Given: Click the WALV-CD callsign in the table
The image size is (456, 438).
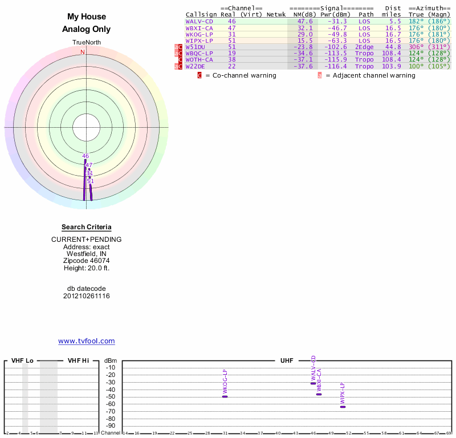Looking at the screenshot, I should (199, 21).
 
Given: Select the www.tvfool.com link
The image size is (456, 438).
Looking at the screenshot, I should (86, 341).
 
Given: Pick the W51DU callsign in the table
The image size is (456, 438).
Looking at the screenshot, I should (195, 47).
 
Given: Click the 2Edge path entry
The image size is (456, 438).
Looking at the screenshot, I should (364, 47).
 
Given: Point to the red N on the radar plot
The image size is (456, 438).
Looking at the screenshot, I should (83, 52).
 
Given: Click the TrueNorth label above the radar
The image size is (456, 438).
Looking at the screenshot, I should (86, 43).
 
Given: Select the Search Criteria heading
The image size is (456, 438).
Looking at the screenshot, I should (86, 227).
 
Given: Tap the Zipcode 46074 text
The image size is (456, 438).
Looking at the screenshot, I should (86, 260).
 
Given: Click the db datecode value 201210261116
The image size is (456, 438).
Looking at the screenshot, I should (86, 296).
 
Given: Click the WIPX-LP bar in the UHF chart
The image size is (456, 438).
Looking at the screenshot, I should (343, 407).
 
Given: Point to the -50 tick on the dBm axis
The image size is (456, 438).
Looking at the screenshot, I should (110, 396).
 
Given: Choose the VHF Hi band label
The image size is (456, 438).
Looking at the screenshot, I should (78, 360).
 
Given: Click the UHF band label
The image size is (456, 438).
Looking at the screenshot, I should (287, 360).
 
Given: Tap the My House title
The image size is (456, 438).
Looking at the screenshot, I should (86, 17).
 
